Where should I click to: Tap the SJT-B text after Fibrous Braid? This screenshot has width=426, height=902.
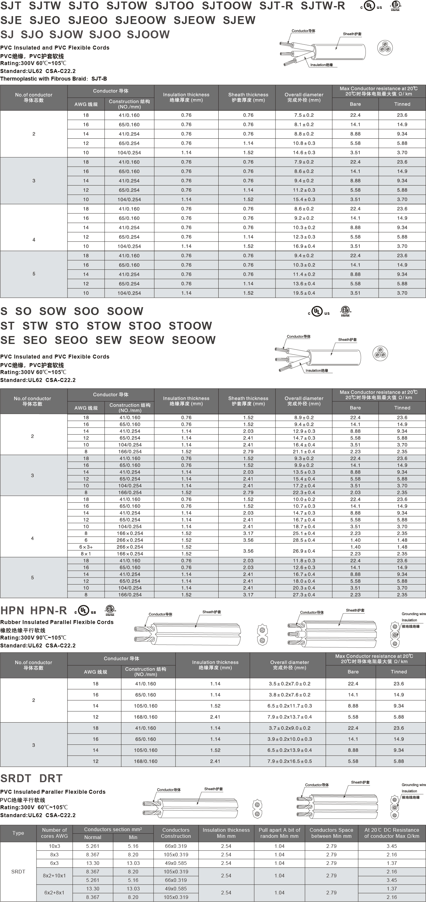[x=99, y=79]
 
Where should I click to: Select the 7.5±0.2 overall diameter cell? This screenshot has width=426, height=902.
[x=303, y=115]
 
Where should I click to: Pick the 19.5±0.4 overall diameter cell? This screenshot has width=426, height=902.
[x=303, y=293]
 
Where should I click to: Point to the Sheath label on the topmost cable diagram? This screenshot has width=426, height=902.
[x=352, y=34]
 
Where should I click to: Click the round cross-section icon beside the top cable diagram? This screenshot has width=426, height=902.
[x=385, y=48]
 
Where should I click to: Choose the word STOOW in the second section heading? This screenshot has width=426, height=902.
[x=190, y=326]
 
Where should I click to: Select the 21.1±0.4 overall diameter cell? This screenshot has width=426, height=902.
[x=303, y=452]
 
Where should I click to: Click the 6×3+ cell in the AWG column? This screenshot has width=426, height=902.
[x=86, y=547]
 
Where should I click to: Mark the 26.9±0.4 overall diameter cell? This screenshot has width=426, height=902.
[x=303, y=551]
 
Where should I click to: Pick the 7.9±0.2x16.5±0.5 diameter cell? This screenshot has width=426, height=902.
[x=289, y=761]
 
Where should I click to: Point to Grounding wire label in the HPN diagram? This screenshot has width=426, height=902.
[x=414, y=614]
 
